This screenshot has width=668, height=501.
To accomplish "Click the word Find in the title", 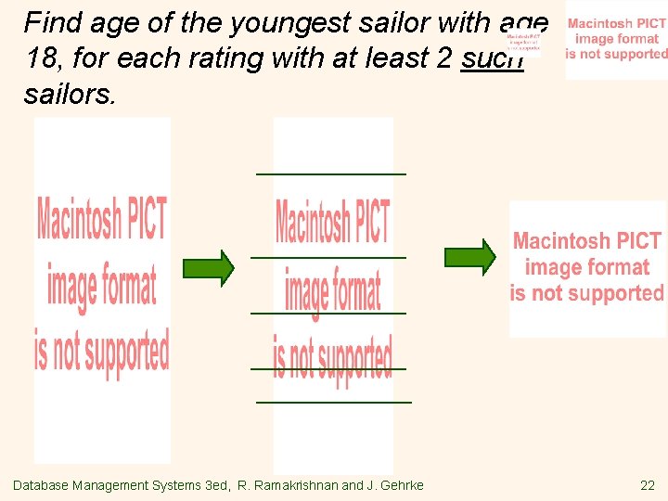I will click(51, 22).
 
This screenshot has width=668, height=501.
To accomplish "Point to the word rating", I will click(273, 60).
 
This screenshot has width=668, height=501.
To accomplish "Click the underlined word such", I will click(493, 60).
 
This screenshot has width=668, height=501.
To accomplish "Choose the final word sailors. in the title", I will click(71, 94).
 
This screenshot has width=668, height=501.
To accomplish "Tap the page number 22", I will click(647, 485).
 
